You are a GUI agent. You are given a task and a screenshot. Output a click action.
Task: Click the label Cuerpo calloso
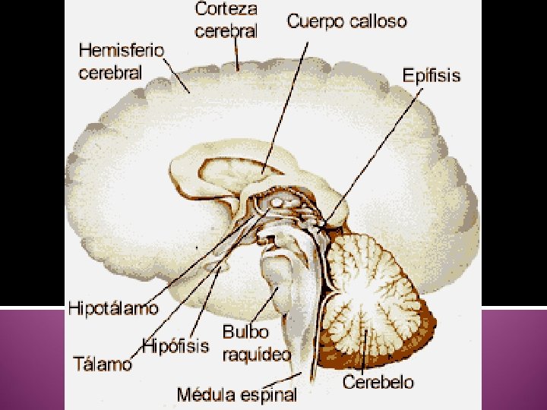pos(346,22)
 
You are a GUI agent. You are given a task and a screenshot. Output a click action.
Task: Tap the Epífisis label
pos(431,76)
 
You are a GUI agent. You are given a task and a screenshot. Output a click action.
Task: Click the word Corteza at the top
pos(226,11)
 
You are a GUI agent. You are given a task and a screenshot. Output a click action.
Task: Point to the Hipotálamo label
pos(114,308)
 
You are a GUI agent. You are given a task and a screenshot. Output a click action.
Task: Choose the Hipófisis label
pos(175,347)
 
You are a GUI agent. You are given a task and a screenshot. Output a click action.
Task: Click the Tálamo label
pos(103,364)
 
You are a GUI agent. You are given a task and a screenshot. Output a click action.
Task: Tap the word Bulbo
pos(245,333)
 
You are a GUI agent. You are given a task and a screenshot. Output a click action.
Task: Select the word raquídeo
pos(256,354)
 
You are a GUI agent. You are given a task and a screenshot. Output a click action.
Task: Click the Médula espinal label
pos(236,394)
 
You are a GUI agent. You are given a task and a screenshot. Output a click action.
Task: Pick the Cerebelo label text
pos(378,382)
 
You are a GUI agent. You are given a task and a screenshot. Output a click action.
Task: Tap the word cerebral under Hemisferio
pos(110,73)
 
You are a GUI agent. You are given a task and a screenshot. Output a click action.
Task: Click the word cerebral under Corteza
pos(226,31)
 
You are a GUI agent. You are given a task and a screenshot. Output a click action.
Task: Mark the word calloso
pos(378,22)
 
